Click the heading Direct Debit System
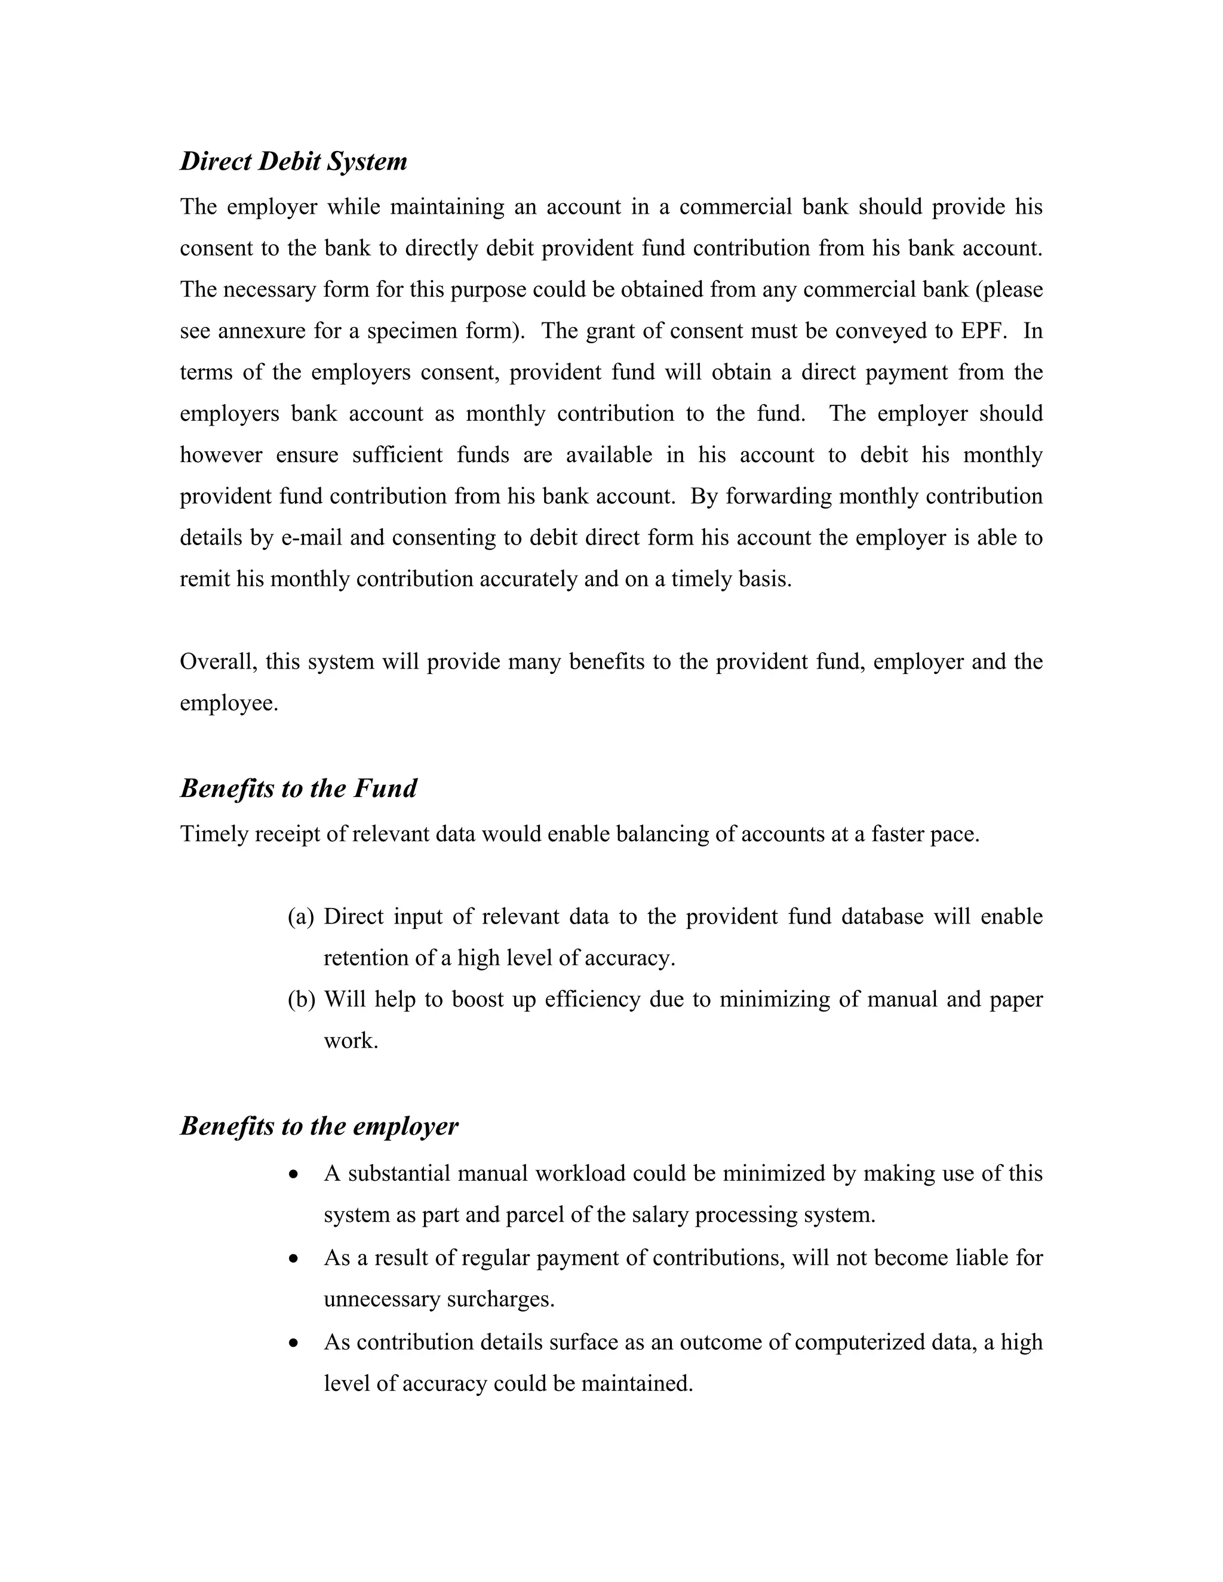(293, 161)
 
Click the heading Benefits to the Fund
(298, 788)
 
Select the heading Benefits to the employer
(319, 1126)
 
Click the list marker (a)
(301, 917)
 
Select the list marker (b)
(302, 999)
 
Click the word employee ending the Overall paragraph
(228, 704)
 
